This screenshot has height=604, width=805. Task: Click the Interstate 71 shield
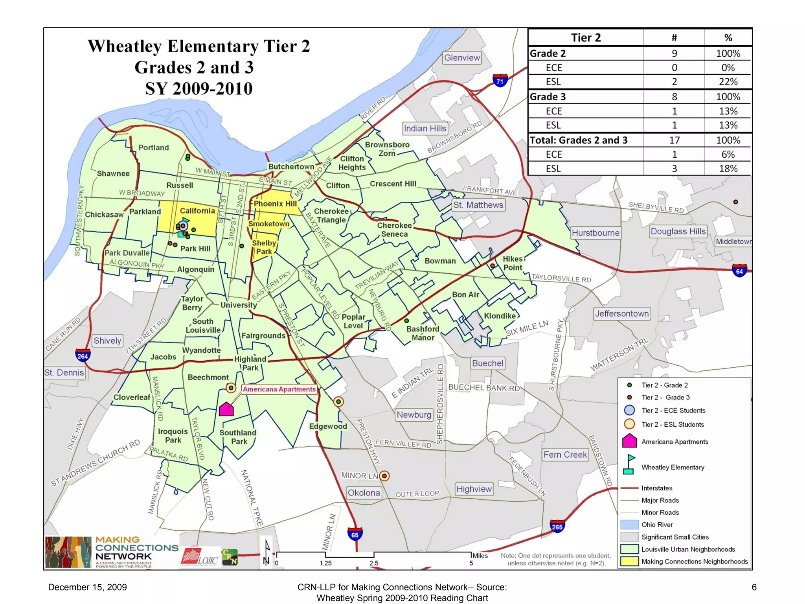click(x=500, y=81)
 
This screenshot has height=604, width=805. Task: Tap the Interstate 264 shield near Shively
click(x=83, y=355)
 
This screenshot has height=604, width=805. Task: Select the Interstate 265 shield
click(x=557, y=526)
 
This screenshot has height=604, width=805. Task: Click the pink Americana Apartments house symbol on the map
click(x=226, y=409)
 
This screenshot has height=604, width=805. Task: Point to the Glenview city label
click(x=462, y=58)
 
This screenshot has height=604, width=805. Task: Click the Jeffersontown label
click(x=621, y=313)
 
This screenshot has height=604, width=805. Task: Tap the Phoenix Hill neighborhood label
click(x=275, y=204)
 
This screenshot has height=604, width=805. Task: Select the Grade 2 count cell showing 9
click(x=674, y=53)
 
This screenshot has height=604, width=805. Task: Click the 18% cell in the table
click(x=728, y=169)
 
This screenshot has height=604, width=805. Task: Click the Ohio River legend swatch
click(x=629, y=525)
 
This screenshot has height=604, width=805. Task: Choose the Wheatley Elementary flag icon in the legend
click(x=629, y=465)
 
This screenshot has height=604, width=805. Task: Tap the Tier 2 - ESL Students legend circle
click(x=629, y=424)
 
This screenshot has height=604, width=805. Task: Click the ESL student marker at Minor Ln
click(x=384, y=476)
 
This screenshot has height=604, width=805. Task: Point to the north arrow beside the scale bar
click(x=267, y=552)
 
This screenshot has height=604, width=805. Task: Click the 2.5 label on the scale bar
click(x=374, y=563)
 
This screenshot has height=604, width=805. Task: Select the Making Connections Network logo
click(x=112, y=552)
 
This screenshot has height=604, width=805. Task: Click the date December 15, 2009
click(x=87, y=587)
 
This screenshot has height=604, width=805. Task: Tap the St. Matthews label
click(x=478, y=205)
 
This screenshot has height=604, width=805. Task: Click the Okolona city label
click(x=364, y=493)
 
